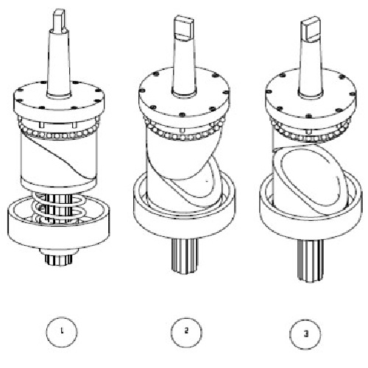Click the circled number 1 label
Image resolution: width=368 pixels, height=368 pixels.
tap(62, 332)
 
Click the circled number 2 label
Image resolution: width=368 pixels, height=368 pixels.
tap(186, 332)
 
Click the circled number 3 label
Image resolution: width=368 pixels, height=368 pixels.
tap(305, 333)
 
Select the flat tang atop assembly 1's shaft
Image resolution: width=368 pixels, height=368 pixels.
tap(59, 20)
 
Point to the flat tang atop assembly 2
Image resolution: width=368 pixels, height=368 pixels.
tap(184, 26)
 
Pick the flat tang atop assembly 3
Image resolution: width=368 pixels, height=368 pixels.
tap(311, 28)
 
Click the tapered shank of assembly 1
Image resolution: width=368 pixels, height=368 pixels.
tap(59, 63)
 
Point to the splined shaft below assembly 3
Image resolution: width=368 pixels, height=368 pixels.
tap(311, 260)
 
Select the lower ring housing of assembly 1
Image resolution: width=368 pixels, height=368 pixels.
tap(59, 230)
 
